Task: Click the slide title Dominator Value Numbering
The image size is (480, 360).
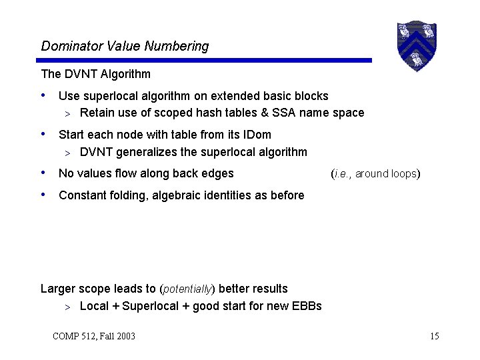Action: click(125, 46)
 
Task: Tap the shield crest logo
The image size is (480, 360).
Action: click(416, 45)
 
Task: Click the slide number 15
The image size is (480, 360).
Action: click(435, 336)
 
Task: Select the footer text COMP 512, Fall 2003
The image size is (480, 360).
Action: click(93, 336)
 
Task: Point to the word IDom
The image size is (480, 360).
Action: click(256, 135)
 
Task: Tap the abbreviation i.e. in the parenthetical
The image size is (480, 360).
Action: click(341, 174)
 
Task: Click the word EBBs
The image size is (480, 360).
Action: click(306, 306)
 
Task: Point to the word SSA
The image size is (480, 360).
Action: click(284, 113)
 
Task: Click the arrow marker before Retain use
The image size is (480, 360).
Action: click(67, 113)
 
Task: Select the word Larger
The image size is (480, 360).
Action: click(58, 289)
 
